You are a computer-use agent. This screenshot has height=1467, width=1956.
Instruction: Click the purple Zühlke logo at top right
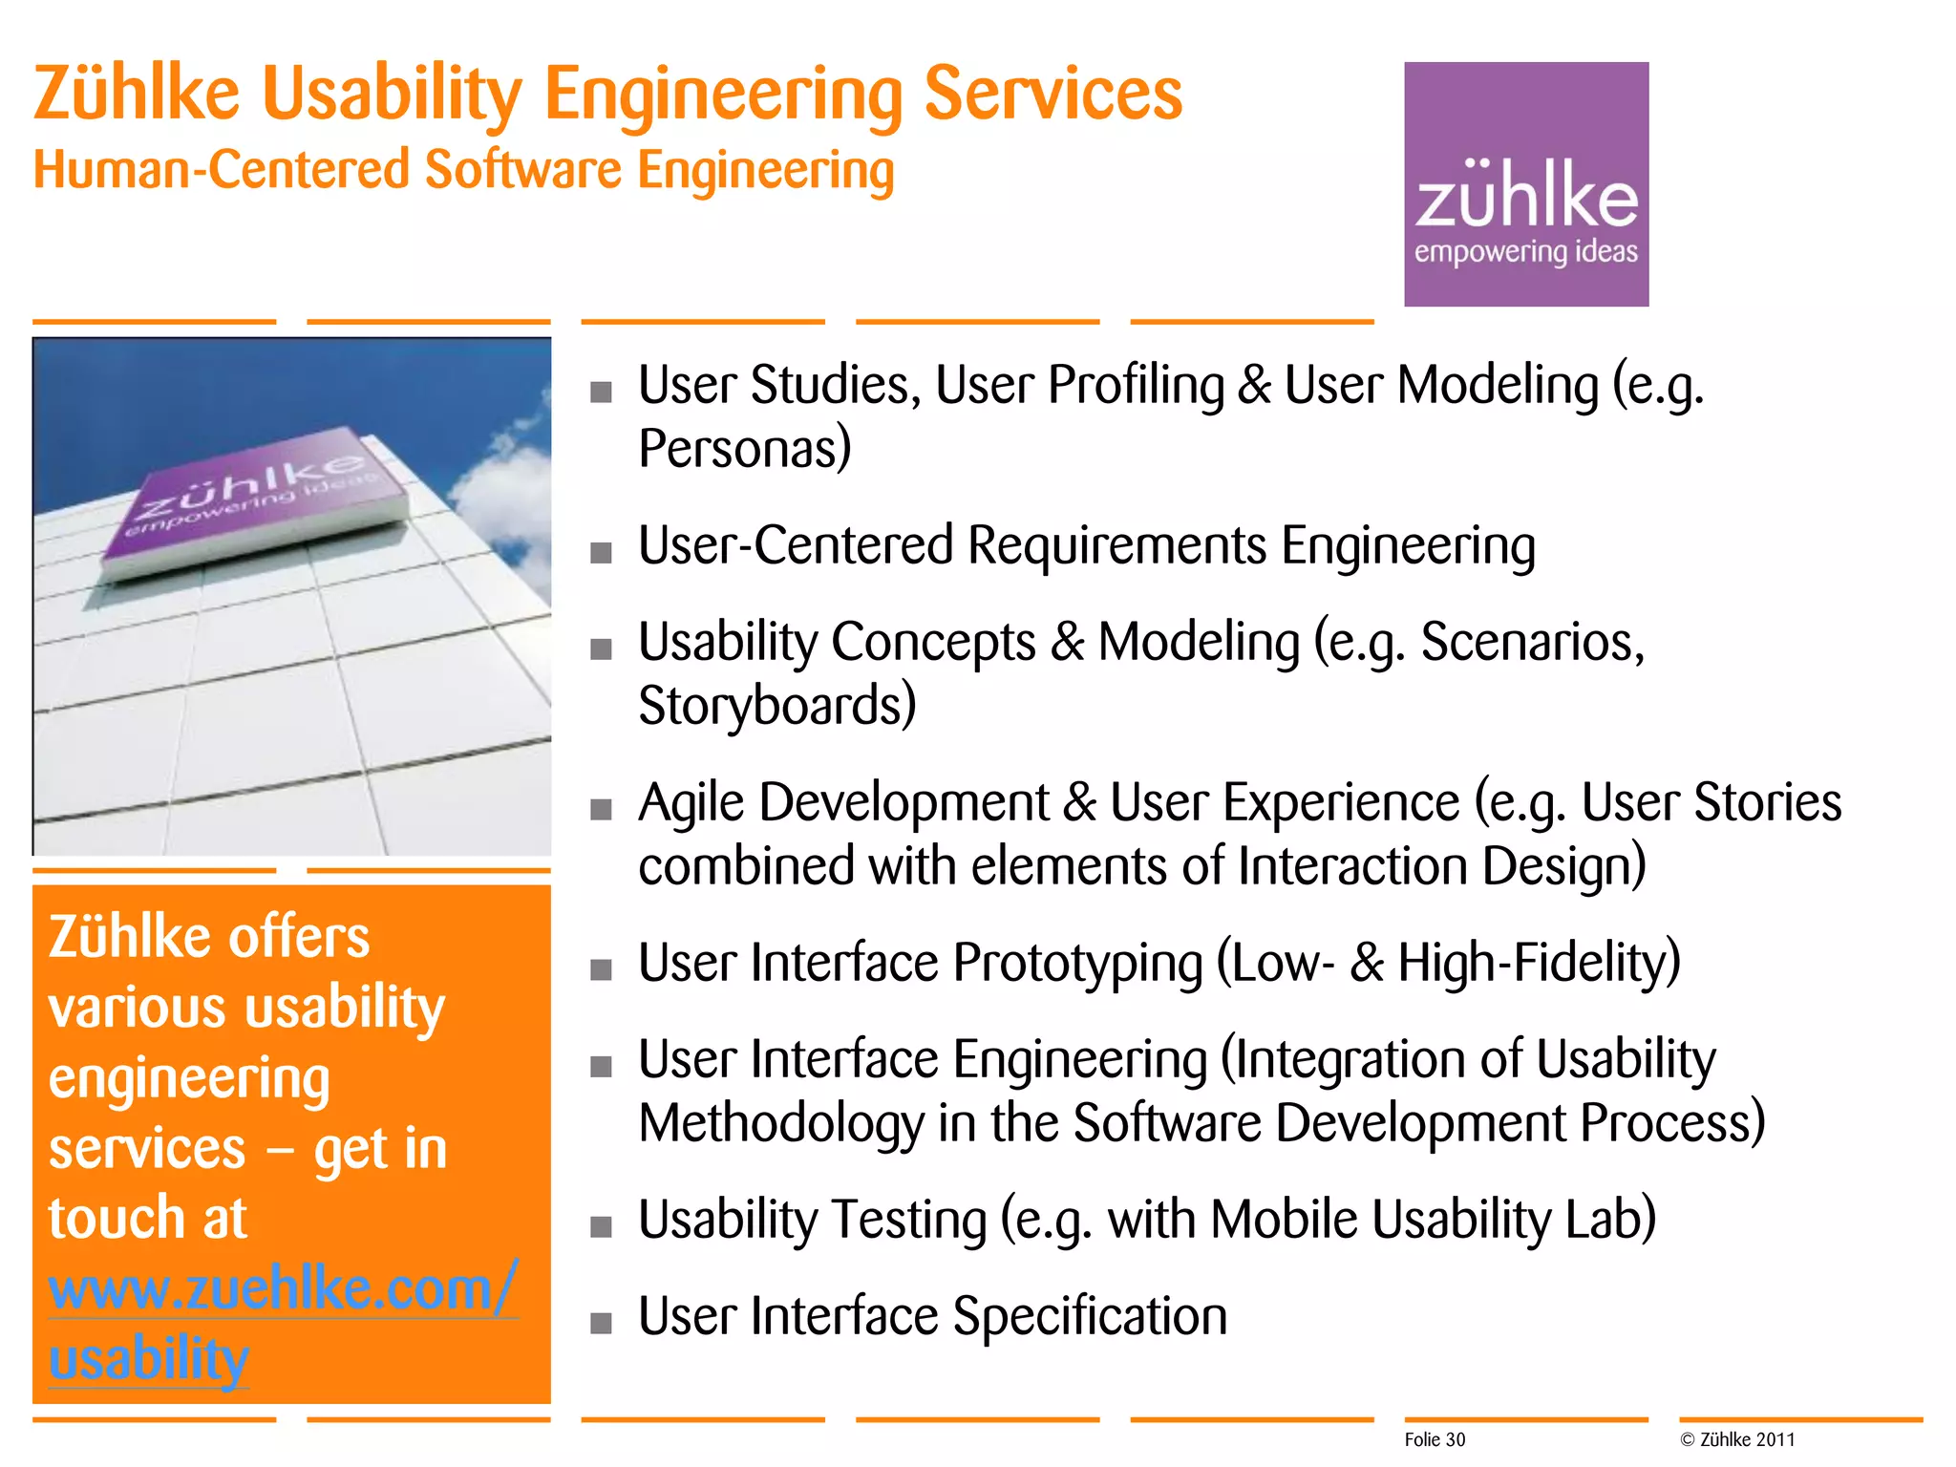(1525, 183)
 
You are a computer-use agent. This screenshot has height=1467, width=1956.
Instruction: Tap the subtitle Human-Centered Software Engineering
(463, 171)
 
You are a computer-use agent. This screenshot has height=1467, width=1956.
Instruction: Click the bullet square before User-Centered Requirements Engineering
(601, 552)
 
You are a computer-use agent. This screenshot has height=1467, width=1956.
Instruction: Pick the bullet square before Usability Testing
(601, 1226)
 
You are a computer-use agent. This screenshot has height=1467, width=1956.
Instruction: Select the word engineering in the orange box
(189, 1079)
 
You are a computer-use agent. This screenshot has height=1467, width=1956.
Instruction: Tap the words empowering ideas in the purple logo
(1525, 252)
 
